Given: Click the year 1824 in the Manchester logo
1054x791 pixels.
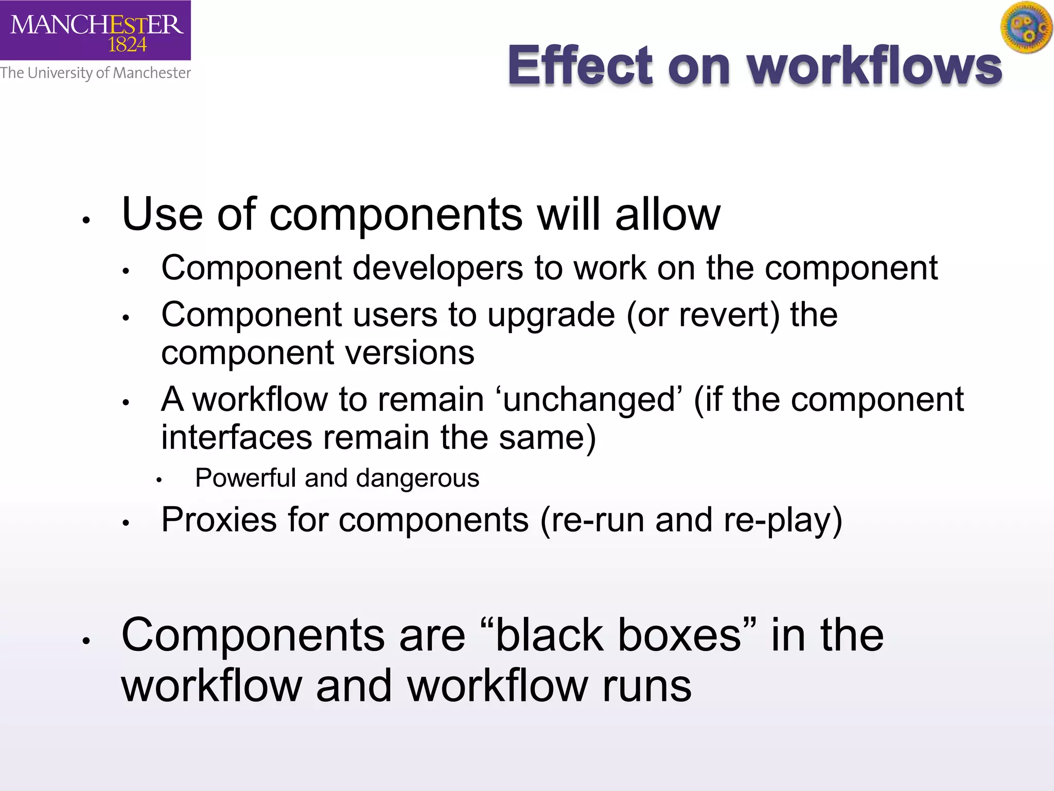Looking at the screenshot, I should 127,45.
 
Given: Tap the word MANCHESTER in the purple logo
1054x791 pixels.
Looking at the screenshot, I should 97,24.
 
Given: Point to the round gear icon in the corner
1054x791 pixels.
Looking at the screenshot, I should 1026,27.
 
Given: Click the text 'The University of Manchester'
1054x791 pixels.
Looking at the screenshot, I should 95,73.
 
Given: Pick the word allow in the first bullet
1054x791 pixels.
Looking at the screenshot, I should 667,214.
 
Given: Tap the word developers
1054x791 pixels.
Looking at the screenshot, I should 437,268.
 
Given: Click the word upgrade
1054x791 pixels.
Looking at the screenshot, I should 551,315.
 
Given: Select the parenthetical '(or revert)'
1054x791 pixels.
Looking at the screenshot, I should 703,315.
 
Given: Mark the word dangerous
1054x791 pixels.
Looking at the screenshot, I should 417,478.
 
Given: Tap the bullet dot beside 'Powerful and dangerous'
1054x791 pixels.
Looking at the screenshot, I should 159,480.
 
